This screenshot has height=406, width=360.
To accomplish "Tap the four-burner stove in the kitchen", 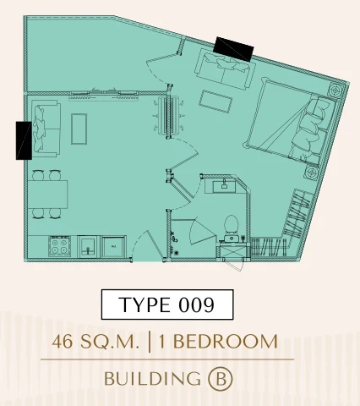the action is pyautogui.click(x=59, y=246).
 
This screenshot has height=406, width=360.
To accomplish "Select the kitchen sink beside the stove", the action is pyautogui.click(x=88, y=247).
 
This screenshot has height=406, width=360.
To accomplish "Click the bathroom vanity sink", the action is pyautogui.click(x=224, y=186).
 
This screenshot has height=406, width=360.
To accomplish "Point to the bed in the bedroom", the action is pyautogui.click(x=290, y=123).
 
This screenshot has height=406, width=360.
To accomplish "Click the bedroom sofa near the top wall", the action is pyautogui.click(x=226, y=69).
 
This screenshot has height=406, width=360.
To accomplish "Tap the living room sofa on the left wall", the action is pyautogui.click(x=46, y=129).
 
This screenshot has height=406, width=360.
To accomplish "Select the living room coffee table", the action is pyautogui.click(x=79, y=129).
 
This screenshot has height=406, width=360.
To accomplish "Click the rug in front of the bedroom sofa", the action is pyautogui.click(x=215, y=101).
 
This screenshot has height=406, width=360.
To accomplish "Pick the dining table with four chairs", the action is pyautogui.click(x=47, y=194).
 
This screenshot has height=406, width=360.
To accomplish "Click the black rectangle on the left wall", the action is pyautogui.click(x=24, y=140).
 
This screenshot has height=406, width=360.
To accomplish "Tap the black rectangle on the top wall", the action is pyautogui.click(x=233, y=49).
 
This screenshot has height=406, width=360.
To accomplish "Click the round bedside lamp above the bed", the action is pyautogui.click(x=335, y=91).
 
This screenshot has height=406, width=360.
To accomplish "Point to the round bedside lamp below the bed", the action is pyautogui.click(x=312, y=172).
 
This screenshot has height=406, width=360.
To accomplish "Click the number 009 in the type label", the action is pyautogui.click(x=196, y=304).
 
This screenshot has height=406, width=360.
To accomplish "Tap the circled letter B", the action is pyautogui.click(x=221, y=378).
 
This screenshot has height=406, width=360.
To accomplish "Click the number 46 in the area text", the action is pyautogui.click(x=63, y=342).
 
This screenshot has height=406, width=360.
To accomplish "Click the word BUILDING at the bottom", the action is pyautogui.click(x=152, y=378).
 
